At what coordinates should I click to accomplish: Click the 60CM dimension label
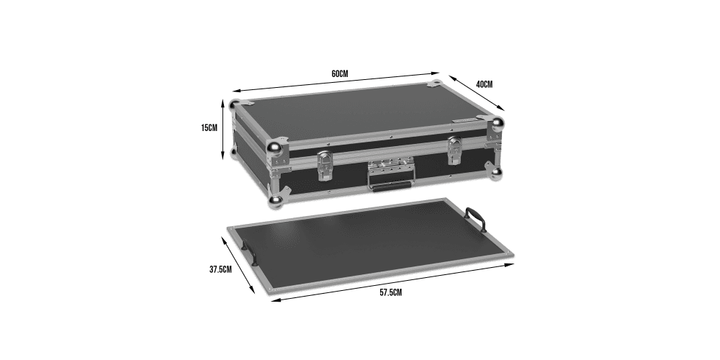click(x=340, y=73)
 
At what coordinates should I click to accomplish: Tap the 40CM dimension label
click(x=484, y=84)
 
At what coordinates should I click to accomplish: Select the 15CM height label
click(x=209, y=127)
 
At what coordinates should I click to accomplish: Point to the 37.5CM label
click(x=220, y=269)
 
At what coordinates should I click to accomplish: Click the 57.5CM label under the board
click(x=390, y=292)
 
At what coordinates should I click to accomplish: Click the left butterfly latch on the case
click(x=325, y=166)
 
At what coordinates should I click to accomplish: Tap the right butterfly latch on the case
click(x=455, y=150)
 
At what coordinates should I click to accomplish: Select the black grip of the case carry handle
click(x=391, y=186)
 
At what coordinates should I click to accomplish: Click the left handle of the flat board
click(x=251, y=253)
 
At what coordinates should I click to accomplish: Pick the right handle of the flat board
click(x=475, y=219)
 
